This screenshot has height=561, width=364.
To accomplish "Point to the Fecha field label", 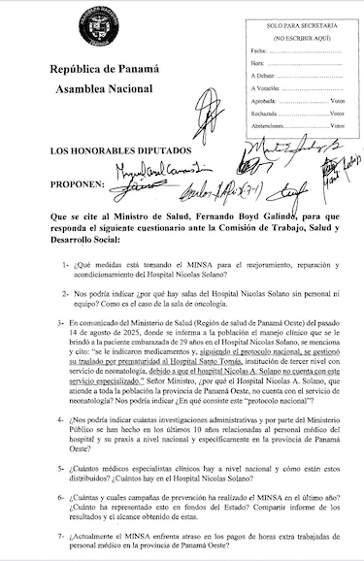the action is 258,49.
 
